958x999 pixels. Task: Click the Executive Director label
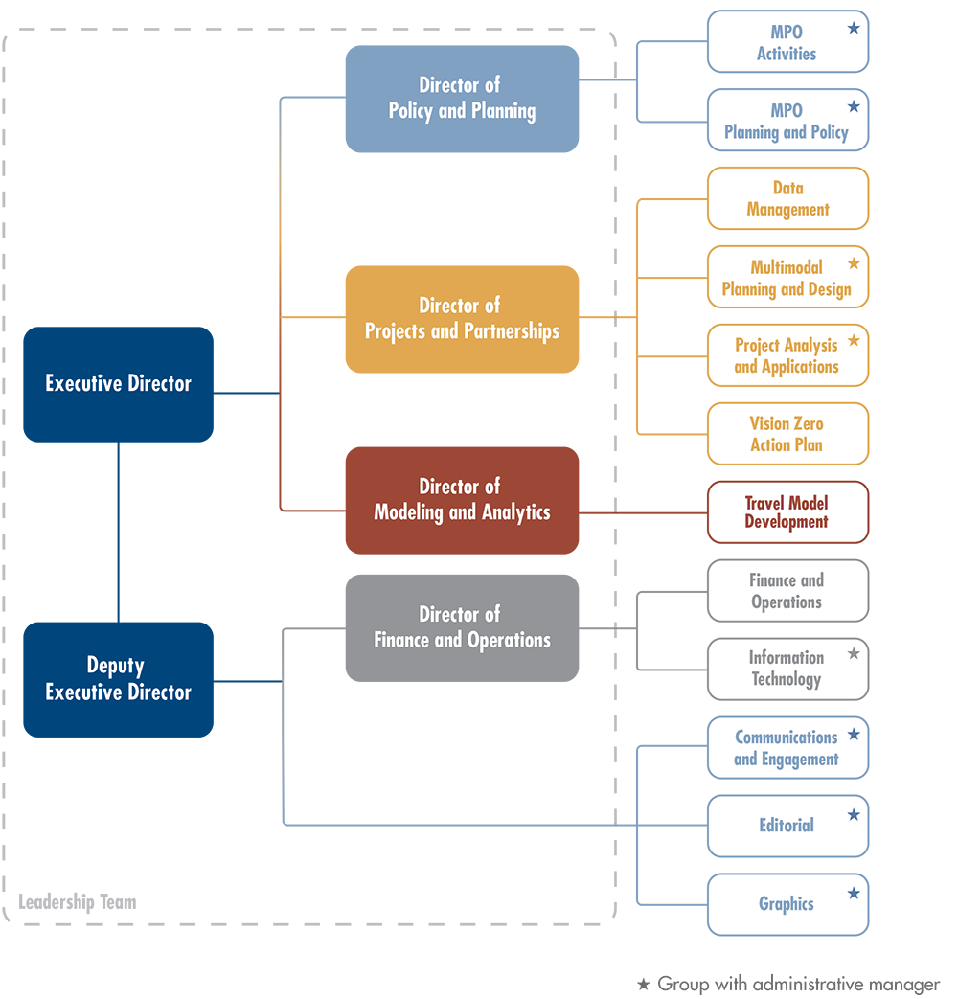(x=119, y=383)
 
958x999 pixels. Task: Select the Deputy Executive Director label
(x=119, y=679)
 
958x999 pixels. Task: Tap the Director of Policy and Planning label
(x=461, y=99)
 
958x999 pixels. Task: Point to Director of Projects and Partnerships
(x=461, y=318)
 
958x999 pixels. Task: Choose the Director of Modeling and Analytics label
(x=462, y=499)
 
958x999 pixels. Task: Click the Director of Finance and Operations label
(x=462, y=627)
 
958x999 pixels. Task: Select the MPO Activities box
(x=787, y=42)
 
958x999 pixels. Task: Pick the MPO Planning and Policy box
(x=787, y=121)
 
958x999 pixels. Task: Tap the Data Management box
(x=787, y=199)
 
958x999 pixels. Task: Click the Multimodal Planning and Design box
(x=787, y=278)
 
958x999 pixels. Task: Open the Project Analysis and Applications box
(x=787, y=356)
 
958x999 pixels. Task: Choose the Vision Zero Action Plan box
(x=787, y=434)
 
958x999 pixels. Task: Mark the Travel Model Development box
(x=787, y=512)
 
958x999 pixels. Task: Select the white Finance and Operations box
(x=787, y=591)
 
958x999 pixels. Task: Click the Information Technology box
(x=787, y=669)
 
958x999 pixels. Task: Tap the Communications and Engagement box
(x=787, y=748)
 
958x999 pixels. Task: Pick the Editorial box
(x=787, y=826)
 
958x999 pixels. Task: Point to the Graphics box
(x=787, y=904)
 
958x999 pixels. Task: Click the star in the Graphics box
(x=854, y=893)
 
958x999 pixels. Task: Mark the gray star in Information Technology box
(x=854, y=654)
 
